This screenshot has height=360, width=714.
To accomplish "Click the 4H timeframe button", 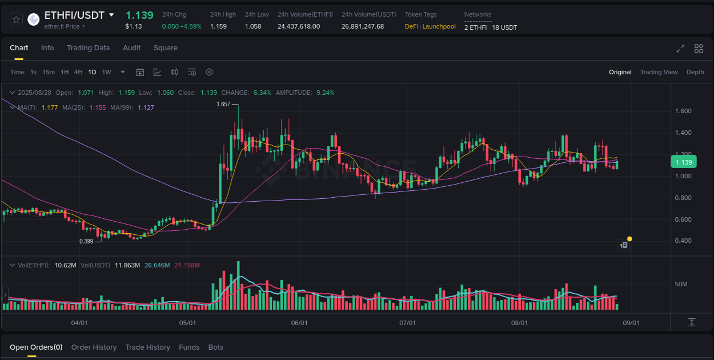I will coord(78,72).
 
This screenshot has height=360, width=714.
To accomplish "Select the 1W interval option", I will coord(106,72).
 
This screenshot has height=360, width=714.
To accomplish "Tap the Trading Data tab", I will coord(88,48).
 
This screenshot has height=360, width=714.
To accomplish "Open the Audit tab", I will coord(132,48).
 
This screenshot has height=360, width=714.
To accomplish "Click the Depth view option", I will coord(695,72).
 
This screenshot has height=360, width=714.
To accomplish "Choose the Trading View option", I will coord(659,72).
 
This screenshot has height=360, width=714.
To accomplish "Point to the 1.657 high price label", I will coord(223,104).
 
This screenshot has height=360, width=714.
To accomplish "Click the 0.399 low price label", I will coord(86,241).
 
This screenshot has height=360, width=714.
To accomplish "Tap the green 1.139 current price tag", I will coord(683,162).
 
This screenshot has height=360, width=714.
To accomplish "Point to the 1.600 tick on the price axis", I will coord(683,111).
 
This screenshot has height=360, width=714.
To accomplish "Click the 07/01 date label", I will coord(407,323).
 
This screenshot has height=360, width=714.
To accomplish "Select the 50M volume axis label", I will coord(681,284).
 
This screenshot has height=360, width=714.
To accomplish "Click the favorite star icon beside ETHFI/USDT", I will coord(16,19).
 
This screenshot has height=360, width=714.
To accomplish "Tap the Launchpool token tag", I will coord(439,26).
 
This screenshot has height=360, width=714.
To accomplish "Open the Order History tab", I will coord(94,347).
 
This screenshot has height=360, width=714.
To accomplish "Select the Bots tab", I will coord(216,347).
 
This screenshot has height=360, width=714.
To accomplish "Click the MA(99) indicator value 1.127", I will coord(146,107).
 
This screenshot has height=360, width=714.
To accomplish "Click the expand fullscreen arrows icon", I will coord(680,49).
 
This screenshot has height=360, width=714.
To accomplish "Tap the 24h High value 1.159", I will coord(218,26).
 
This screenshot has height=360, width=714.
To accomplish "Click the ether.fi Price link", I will coord(64,26).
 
